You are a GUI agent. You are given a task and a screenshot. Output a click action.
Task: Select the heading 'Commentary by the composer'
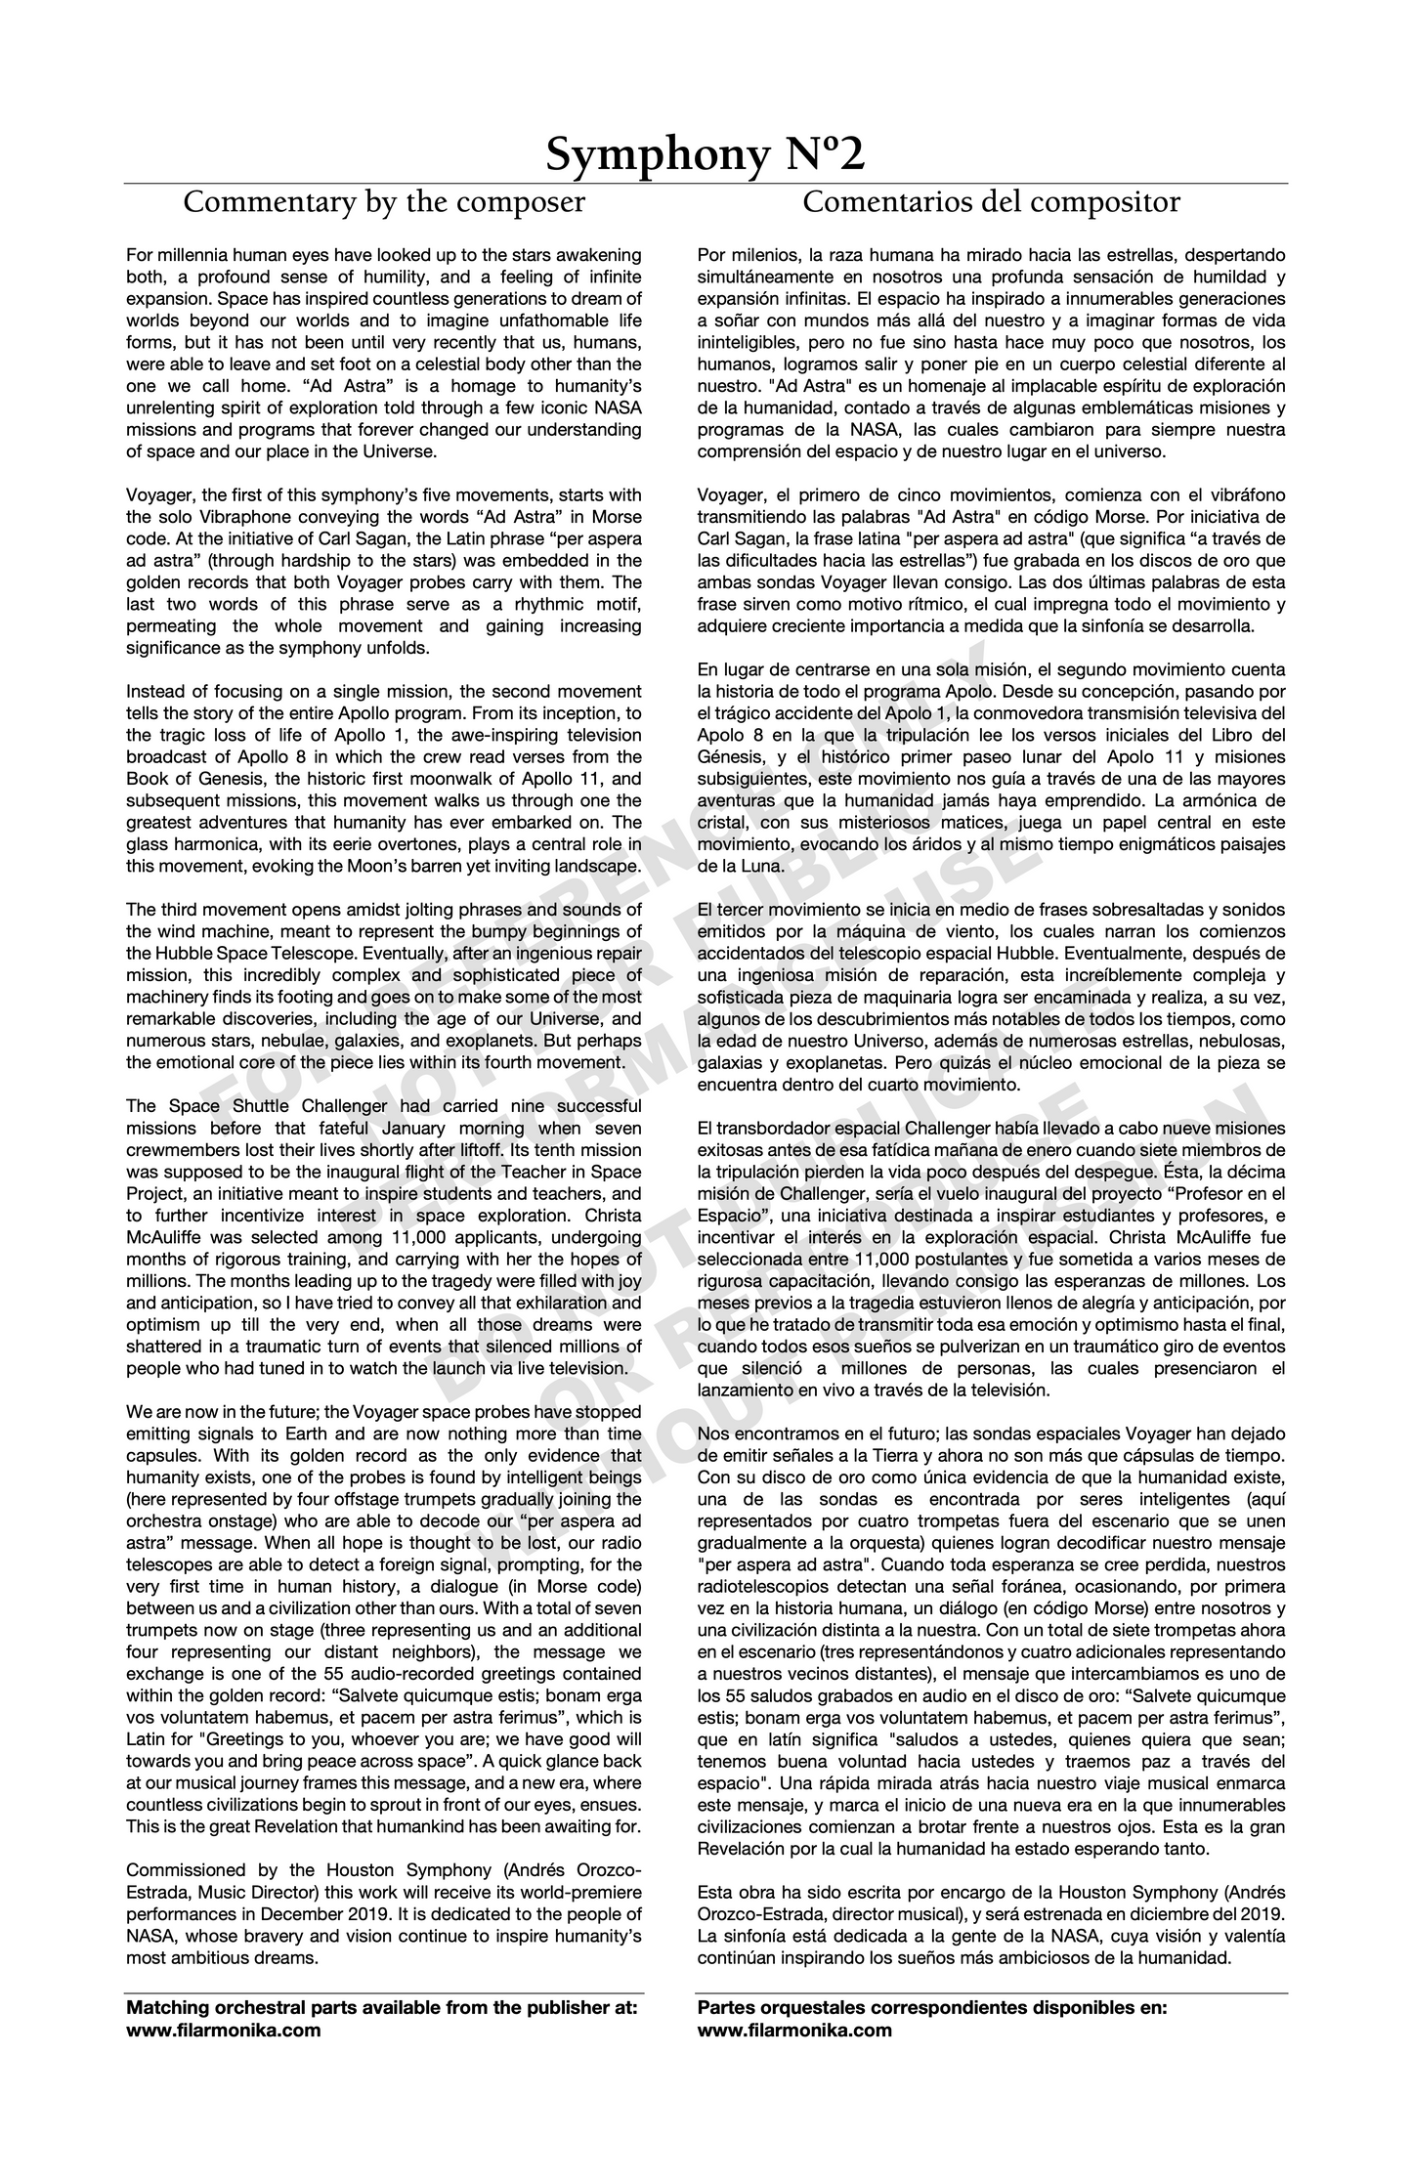coord(384,202)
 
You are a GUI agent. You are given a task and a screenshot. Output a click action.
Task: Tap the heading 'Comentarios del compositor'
coord(991,202)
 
